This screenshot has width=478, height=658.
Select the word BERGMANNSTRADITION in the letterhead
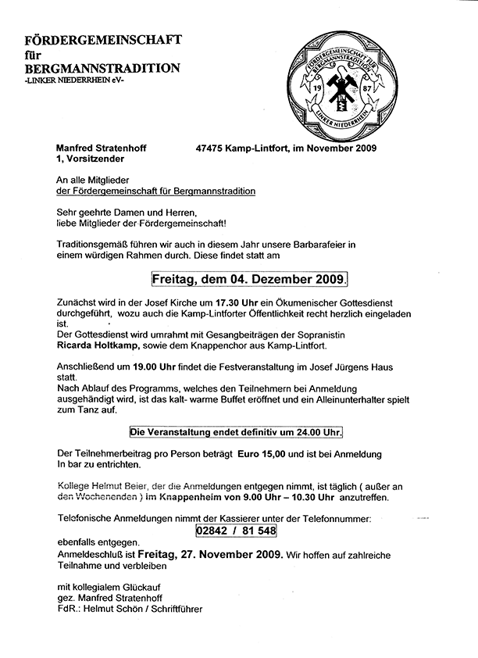coord(102,68)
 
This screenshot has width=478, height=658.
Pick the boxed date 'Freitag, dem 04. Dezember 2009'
coord(249,279)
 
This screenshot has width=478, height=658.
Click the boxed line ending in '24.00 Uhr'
coord(236,431)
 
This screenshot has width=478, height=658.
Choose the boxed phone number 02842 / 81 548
coord(236,530)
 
